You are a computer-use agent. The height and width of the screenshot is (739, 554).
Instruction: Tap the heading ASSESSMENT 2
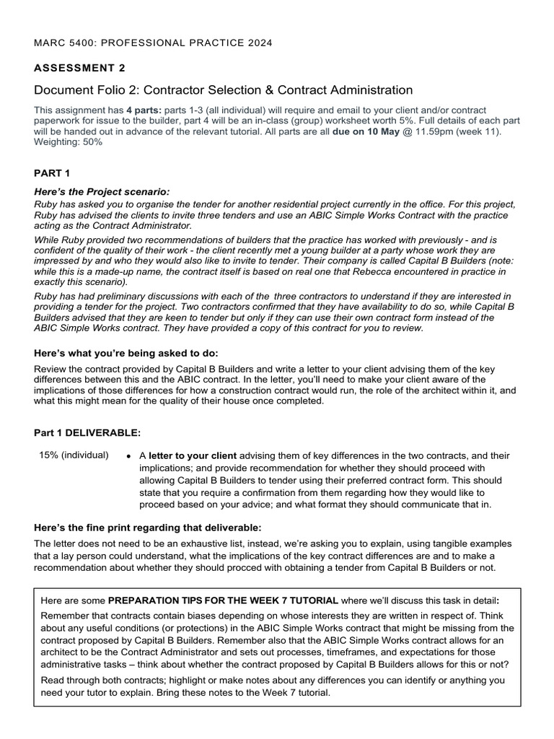(x=79, y=68)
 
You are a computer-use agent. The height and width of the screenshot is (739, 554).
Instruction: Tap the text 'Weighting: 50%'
(x=69, y=142)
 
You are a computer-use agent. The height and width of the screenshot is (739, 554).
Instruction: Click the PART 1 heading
(x=52, y=174)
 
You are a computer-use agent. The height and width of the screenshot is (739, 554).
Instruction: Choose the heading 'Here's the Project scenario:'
(x=102, y=192)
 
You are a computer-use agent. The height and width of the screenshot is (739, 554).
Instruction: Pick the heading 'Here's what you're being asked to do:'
(x=126, y=353)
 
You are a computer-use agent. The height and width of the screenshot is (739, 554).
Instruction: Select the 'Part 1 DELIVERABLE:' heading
(x=87, y=432)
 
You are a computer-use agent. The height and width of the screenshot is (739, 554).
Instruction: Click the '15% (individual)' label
(x=74, y=455)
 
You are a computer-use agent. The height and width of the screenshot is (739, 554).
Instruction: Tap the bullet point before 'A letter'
(x=128, y=456)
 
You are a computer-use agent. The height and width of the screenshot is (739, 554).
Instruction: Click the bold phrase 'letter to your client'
(x=192, y=455)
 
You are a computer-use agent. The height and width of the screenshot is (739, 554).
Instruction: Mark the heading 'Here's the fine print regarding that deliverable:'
(x=143, y=527)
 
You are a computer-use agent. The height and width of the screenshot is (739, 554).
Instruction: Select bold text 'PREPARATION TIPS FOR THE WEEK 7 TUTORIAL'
(x=222, y=600)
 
